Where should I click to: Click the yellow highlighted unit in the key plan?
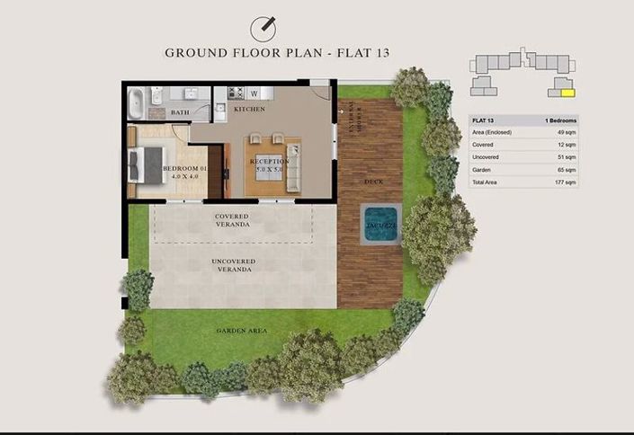pyautogui.click(x=566, y=90)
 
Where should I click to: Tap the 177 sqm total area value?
pyautogui.click(x=565, y=182)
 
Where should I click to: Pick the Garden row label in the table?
pyautogui.click(x=484, y=169)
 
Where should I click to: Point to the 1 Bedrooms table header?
pyautogui.click(x=560, y=120)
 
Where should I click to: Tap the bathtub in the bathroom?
pyautogui.click(x=134, y=102)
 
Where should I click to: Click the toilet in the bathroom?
pyautogui.click(x=156, y=97)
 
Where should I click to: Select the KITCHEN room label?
pyautogui.click(x=249, y=110)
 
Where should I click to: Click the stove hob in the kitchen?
pyautogui.click(x=237, y=92)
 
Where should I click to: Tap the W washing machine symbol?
pyautogui.click(x=254, y=93)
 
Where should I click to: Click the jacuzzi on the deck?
pyautogui.click(x=380, y=224)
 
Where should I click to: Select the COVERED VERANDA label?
pyautogui.click(x=231, y=220)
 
